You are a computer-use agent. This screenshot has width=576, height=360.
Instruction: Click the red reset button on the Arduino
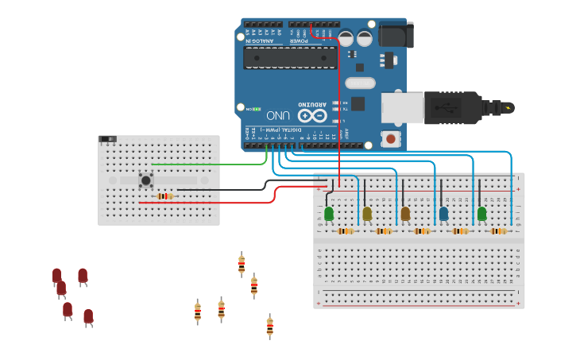[390, 139]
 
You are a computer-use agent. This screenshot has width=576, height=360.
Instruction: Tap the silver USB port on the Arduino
[401, 107]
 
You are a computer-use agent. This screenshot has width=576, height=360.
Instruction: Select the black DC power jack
[395, 34]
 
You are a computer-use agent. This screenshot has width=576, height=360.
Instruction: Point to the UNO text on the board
[278, 114]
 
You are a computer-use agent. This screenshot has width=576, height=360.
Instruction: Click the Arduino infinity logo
[312, 115]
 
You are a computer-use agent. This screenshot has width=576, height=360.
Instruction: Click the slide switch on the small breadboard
[108, 139]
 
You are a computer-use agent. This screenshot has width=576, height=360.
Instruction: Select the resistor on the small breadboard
[164, 196]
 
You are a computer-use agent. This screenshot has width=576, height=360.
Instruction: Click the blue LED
[443, 213]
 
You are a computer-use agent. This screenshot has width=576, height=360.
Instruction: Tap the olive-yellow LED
[367, 213]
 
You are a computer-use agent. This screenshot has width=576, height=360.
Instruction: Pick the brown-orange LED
[405, 213]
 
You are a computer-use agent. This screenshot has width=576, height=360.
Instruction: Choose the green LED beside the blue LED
[481, 213]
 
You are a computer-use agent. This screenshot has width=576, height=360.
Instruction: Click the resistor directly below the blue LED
[460, 231]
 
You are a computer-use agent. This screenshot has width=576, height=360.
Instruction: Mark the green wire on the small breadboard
[207, 165]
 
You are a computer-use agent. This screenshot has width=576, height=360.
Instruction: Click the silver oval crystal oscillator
[360, 83]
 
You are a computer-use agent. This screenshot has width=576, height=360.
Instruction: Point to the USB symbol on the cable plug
[451, 106]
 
